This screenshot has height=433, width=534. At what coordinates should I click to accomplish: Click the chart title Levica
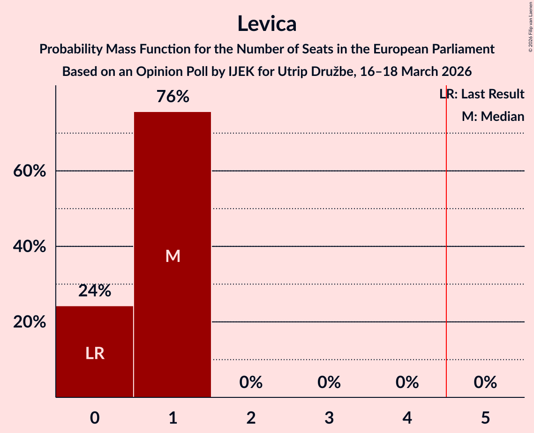[266, 23]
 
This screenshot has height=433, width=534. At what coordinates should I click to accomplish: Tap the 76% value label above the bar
[173, 97]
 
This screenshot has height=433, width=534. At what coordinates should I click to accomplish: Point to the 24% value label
[95, 291]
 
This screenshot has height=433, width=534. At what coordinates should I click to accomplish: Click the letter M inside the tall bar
[173, 256]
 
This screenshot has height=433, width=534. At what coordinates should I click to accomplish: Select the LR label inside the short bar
[95, 353]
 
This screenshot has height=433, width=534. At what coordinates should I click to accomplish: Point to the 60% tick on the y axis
[30, 171]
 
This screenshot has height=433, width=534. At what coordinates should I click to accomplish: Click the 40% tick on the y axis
[30, 246]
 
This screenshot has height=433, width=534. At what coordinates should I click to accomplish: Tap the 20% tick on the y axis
[30, 322]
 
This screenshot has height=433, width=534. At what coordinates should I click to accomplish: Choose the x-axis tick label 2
[251, 417]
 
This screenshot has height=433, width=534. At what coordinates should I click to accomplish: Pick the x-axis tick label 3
[329, 417]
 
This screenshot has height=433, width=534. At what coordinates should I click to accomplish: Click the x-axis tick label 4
[407, 417]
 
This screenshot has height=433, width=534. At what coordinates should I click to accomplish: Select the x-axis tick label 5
[485, 417]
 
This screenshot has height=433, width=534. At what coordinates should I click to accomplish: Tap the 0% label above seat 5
[485, 382]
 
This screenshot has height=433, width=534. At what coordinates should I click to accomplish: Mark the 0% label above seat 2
[251, 382]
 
